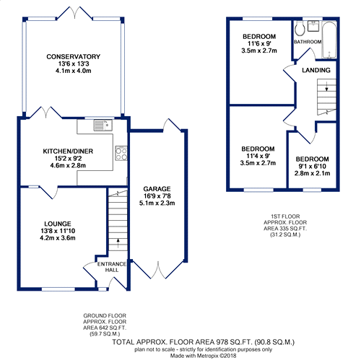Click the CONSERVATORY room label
point(73,57)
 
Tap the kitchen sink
point(103,125)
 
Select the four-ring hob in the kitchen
point(121,153)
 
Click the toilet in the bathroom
point(300,29)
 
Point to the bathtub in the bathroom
point(329,40)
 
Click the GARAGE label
point(157,189)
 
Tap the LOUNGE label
point(58,224)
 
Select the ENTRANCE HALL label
point(112,267)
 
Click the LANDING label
point(316,70)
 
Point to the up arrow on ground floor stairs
point(118,243)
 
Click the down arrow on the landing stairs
point(326,87)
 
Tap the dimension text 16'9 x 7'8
point(157,196)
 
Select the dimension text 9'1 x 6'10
point(313,167)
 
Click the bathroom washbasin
point(313,26)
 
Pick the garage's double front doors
point(158,270)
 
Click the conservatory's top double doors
point(74,12)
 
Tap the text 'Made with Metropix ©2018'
point(204,356)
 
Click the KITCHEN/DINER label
point(68,152)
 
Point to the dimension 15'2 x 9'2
point(68,159)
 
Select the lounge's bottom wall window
point(58,289)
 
